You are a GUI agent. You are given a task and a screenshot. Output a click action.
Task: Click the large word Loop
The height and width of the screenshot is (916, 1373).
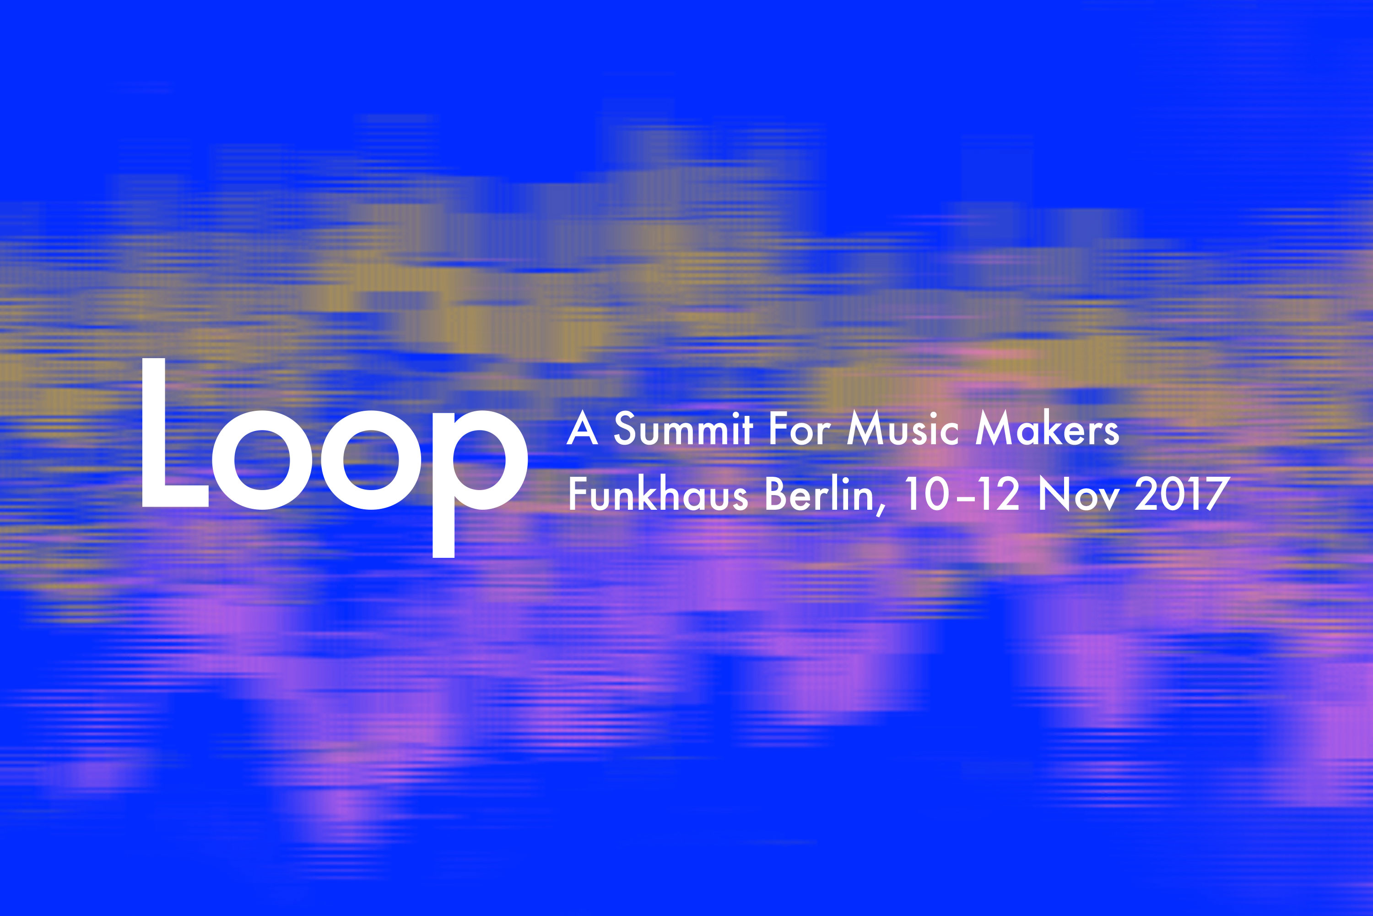click(x=335, y=458)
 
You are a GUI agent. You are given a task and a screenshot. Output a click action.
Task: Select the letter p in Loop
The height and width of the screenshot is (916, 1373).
click(x=480, y=483)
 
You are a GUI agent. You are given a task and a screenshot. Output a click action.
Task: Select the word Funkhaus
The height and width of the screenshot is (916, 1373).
click(x=658, y=494)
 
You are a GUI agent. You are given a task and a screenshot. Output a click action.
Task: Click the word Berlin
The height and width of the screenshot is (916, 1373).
click(x=820, y=494)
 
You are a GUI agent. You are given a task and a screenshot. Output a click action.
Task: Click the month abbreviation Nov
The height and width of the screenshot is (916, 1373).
click(x=1079, y=494)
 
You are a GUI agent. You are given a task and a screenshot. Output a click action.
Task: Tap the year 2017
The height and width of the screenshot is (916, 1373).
click(x=1182, y=494)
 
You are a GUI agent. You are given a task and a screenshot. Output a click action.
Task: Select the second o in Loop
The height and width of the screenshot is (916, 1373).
click(x=371, y=460)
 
